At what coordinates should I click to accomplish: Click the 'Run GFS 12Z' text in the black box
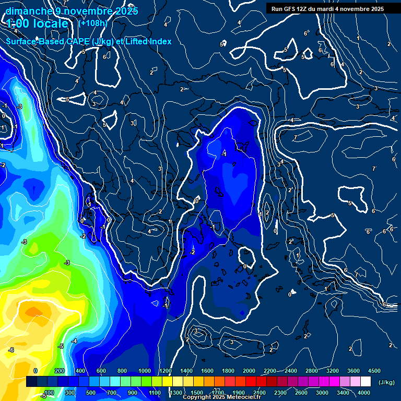point(288,8)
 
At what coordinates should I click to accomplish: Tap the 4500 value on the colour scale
point(374,371)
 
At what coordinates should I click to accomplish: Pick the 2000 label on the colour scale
point(249,371)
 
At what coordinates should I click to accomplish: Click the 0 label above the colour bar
point(36,371)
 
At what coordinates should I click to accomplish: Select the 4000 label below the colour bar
point(364,393)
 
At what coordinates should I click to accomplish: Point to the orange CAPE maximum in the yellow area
point(33,312)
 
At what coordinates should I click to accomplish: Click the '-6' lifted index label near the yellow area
point(11,350)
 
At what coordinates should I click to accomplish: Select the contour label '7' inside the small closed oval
point(296,137)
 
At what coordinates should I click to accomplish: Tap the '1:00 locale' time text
point(38,24)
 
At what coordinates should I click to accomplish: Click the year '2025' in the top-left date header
point(125,11)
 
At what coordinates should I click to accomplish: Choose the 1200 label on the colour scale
point(166,371)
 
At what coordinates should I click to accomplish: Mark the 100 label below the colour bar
point(49,393)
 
